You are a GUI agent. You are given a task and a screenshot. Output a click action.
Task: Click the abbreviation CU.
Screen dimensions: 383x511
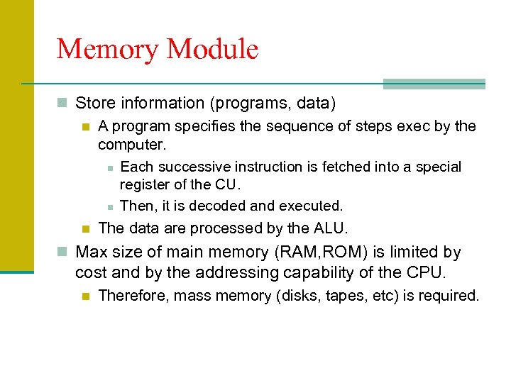pyautogui.click(x=228, y=186)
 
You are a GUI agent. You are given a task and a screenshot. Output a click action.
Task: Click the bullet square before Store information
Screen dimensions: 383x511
pyautogui.click(x=62, y=104)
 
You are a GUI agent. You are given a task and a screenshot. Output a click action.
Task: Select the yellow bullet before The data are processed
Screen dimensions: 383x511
pyautogui.click(x=85, y=228)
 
